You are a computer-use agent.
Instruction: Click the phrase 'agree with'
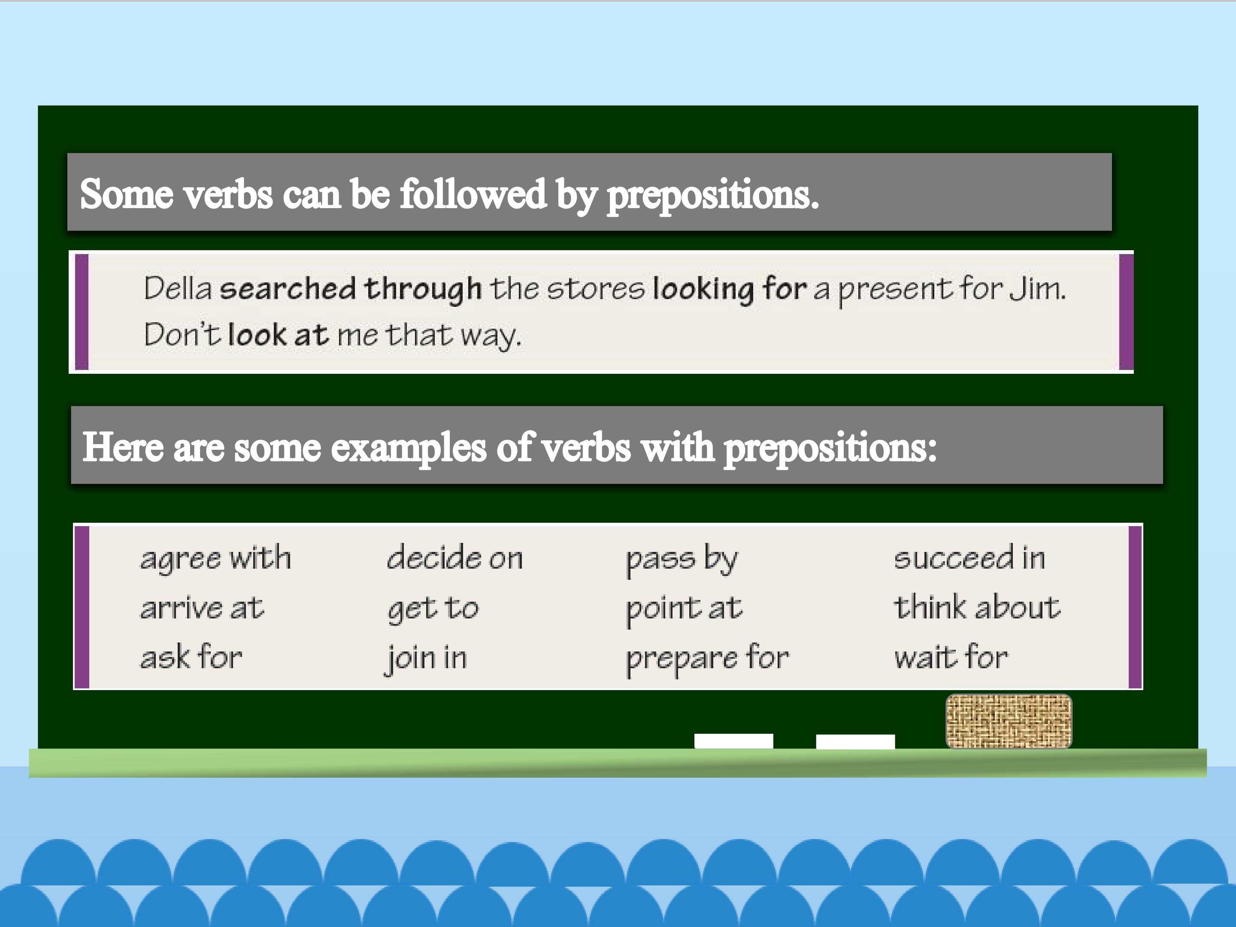click(x=216, y=558)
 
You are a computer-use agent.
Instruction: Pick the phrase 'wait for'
click(x=951, y=657)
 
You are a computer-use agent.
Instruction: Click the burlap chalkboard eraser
click(x=1009, y=721)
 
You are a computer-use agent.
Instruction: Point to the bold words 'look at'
click(x=278, y=335)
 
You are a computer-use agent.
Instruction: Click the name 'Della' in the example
click(x=178, y=288)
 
